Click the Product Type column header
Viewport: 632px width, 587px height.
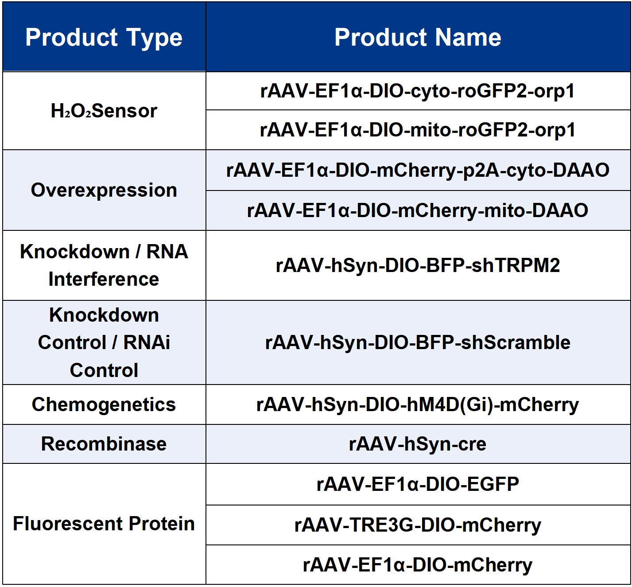[104, 38]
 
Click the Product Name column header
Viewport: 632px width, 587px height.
[418, 38]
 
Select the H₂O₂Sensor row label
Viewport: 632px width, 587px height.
[104, 111]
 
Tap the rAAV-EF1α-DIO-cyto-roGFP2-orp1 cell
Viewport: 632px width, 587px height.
[418, 91]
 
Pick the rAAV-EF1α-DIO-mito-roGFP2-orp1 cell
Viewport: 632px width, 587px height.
[418, 130]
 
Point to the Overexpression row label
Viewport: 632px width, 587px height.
[104, 190]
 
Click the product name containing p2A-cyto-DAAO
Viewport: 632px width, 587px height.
[418, 170]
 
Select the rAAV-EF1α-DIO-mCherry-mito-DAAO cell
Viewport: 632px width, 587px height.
[418, 210]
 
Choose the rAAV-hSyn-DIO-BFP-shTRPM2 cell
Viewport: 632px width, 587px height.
[418, 265]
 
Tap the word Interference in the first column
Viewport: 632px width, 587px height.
[104, 279]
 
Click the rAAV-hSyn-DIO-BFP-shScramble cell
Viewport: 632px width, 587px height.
[418, 342]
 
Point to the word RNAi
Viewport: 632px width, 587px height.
[147, 342]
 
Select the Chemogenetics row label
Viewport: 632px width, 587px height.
[104, 404]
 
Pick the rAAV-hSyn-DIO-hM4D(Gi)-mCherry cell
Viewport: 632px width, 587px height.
[418, 405]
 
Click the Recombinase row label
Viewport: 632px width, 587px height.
[104, 444]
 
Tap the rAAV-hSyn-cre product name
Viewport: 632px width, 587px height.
[418, 444]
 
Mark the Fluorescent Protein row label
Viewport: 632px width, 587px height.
[104, 524]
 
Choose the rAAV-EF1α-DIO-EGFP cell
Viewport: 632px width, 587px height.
[418, 484]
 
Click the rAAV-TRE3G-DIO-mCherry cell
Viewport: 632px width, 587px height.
[418, 525]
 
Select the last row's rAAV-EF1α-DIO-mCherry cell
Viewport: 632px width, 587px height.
[418, 565]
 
